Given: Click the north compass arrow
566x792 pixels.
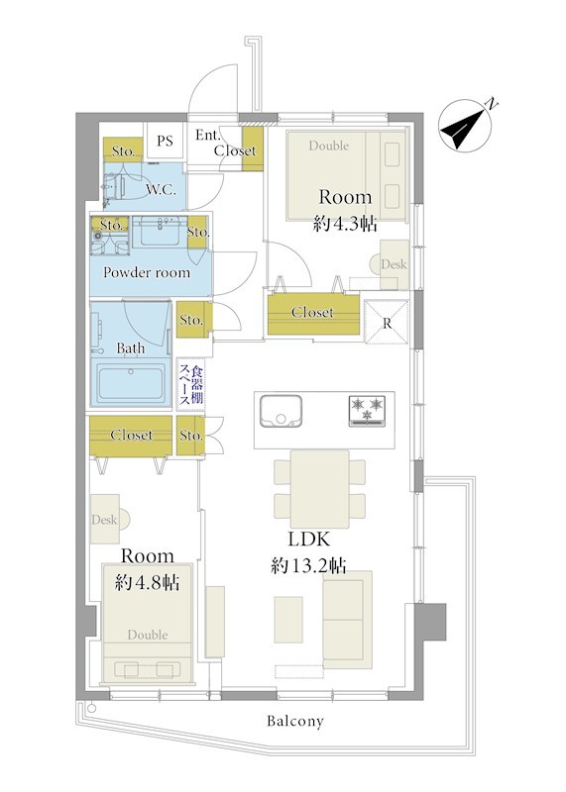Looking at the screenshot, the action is pyautogui.click(x=463, y=128).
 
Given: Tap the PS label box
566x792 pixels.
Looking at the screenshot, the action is pyautogui.click(x=165, y=141).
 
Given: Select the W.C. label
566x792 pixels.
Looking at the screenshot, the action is pyautogui.click(x=162, y=190).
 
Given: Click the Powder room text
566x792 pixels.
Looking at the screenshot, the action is pyautogui.click(x=147, y=273).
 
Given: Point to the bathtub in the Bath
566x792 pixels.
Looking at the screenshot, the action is pyautogui.click(x=131, y=383).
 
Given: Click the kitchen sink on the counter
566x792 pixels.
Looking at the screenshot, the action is pyautogui.click(x=281, y=410).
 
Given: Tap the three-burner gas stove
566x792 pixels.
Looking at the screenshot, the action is pyautogui.click(x=367, y=410).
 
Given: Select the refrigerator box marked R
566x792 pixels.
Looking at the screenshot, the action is pyautogui.click(x=387, y=323).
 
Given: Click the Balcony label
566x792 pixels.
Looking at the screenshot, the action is pyautogui.click(x=294, y=722).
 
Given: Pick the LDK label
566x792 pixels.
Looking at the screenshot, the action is pyautogui.click(x=308, y=540).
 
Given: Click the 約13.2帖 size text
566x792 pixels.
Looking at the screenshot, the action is pyautogui.click(x=308, y=565).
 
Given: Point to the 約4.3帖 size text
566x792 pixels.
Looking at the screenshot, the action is pyautogui.click(x=345, y=223).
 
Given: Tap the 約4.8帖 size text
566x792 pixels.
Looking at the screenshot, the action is pyautogui.click(x=147, y=582).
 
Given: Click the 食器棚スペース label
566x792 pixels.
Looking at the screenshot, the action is pyautogui.click(x=190, y=383).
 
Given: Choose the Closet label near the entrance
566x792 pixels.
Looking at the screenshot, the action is pyautogui.click(x=235, y=150).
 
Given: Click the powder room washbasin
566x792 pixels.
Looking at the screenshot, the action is pyautogui.click(x=161, y=232).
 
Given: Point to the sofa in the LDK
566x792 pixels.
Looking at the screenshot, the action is pyautogui.click(x=348, y=620).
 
